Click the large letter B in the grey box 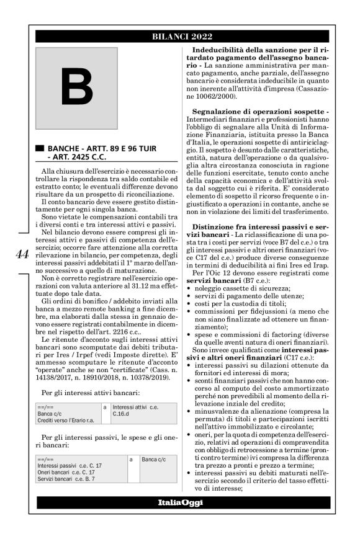coord(76,88)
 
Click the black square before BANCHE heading coord(40,149)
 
